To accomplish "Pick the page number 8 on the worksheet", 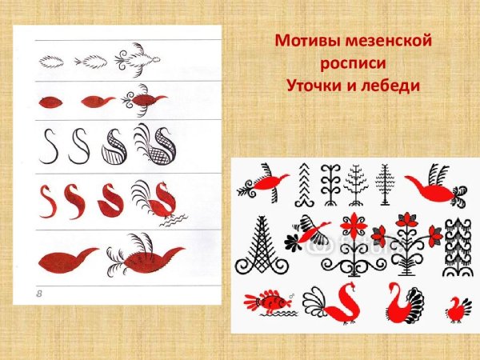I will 39,296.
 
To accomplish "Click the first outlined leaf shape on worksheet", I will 51,61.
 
